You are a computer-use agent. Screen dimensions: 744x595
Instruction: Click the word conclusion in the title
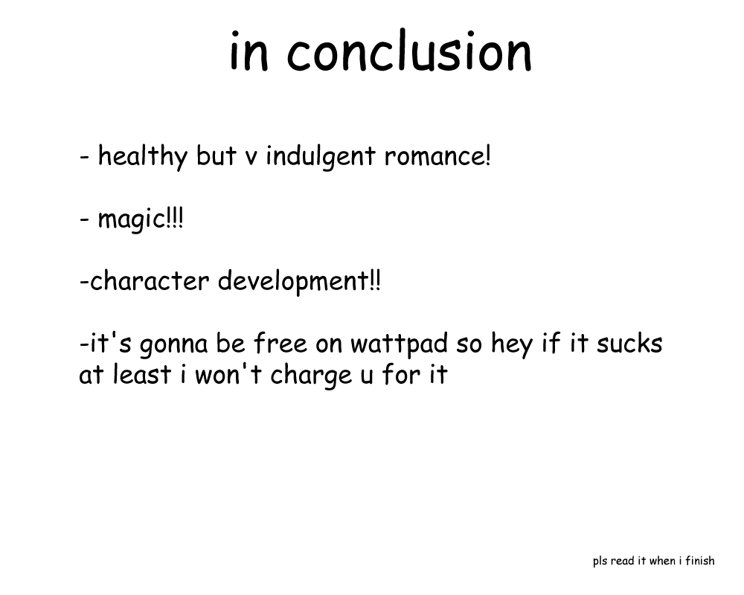(409, 51)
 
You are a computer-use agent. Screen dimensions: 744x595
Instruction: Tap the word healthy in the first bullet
(143, 156)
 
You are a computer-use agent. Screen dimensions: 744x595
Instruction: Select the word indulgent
(320, 156)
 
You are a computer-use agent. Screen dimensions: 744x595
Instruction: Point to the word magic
(131, 219)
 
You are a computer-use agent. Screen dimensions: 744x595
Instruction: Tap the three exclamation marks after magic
(174, 218)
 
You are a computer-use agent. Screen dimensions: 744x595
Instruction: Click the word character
(150, 281)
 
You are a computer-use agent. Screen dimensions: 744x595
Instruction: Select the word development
(292, 281)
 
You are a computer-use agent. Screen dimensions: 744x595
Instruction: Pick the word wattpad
(399, 344)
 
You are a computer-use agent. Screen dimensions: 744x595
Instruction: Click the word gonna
(173, 345)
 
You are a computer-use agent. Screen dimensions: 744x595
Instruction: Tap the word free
(280, 343)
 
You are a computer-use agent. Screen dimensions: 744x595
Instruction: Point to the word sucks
(629, 343)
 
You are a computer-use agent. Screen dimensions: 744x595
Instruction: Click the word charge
(311, 376)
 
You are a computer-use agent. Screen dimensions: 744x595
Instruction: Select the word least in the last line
(142, 374)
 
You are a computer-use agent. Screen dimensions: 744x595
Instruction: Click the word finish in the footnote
(700, 560)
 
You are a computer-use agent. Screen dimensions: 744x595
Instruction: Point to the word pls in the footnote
(600, 562)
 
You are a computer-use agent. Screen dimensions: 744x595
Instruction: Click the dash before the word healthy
(85, 157)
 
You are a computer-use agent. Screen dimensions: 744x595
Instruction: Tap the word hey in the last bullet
(512, 345)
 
